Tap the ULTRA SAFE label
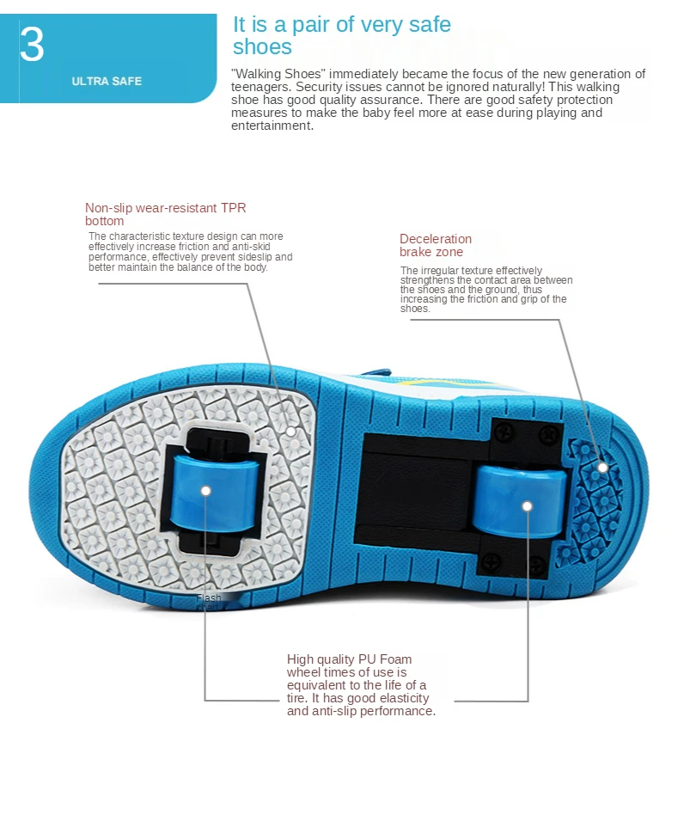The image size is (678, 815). coord(107,82)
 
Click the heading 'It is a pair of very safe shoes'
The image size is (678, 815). coord(341,35)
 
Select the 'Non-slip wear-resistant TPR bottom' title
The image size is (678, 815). coord(165,214)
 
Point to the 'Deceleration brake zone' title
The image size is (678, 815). coord(435,245)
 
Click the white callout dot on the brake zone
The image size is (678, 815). coord(603,468)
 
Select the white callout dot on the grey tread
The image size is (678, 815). coord(291,429)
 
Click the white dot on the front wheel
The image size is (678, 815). coord(206,490)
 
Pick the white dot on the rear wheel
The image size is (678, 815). coord(526,506)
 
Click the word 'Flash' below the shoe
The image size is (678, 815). coord(209,597)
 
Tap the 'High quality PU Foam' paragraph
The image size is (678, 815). coord(360,685)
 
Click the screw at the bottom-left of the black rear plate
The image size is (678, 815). coord(491,561)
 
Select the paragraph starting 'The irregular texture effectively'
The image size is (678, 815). coord(486,289)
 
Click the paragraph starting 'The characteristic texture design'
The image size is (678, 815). coord(190,251)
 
